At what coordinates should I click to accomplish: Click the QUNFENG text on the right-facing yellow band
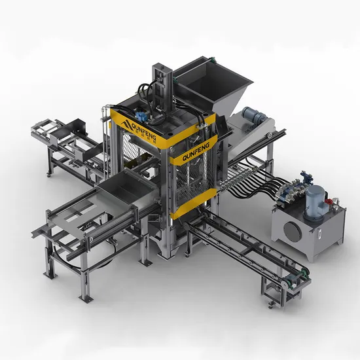(196, 152)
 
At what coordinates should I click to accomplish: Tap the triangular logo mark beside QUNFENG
(126, 124)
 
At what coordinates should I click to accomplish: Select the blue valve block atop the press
(141, 116)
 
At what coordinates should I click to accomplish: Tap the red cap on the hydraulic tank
(329, 202)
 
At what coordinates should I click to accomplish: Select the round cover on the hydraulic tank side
(293, 232)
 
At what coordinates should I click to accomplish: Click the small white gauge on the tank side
(319, 234)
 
